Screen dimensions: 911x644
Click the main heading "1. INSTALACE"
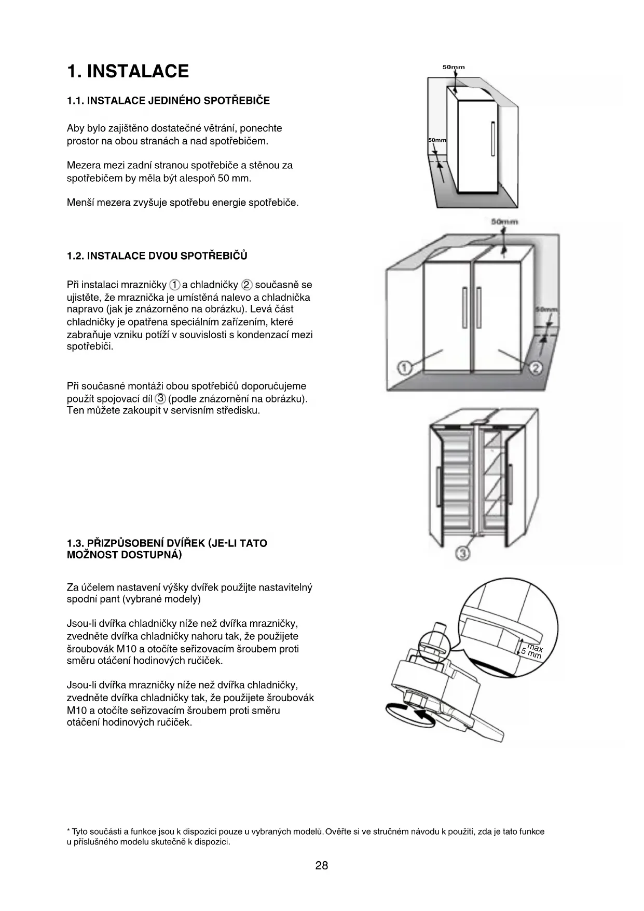(128, 71)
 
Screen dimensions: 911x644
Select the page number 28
(321, 865)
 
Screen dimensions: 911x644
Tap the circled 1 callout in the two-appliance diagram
(404, 368)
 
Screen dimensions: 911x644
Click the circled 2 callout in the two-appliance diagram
(536, 368)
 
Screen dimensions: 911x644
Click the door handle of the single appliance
(492, 139)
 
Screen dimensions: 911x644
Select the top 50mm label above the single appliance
(454, 67)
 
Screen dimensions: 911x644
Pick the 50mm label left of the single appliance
(437, 140)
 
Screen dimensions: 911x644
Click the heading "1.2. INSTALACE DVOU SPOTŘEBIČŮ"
(157, 256)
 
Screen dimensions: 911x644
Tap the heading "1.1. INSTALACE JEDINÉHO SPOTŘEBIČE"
(168, 101)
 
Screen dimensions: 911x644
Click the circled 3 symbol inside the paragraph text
(161, 398)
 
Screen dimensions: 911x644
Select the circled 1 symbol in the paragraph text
(175, 285)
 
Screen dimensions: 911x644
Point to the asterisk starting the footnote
(68, 832)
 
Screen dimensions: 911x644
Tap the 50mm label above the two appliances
(504, 222)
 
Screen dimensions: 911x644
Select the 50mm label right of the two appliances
(546, 310)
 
